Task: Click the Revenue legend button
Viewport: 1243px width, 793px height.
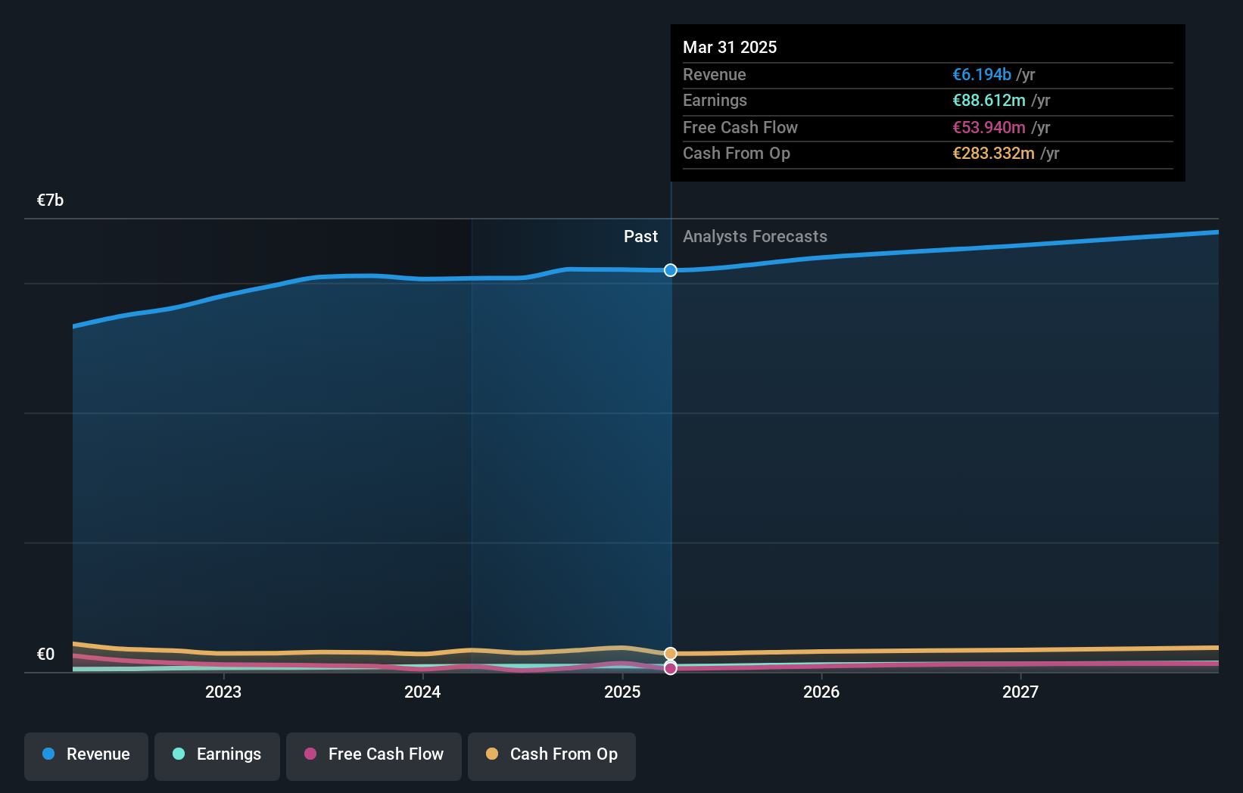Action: click(86, 754)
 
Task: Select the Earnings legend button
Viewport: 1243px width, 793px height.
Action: click(217, 754)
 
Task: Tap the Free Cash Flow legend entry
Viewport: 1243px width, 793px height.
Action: click(374, 754)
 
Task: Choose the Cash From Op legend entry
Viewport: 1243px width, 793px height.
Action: click(552, 754)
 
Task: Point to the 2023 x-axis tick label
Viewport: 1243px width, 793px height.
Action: click(223, 692)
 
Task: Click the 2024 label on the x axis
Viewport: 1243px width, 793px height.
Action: click(422, 692)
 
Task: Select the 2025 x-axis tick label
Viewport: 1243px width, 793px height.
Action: click(622, 692)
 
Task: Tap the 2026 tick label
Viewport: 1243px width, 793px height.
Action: click(821, 692)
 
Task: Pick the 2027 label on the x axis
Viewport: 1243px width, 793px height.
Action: click(1020, 692)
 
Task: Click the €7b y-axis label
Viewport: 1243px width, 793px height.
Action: click(50, 201)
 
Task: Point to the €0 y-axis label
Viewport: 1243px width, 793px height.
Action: click(45, 655)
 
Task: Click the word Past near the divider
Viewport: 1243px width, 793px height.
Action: click(640, 237)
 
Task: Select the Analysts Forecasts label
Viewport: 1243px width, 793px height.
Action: click(755, 237)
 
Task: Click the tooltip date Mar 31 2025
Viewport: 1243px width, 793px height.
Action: click(730, 48)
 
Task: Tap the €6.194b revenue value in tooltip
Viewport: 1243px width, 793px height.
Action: click(981, 75)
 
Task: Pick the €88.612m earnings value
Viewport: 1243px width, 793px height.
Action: click(989, 101)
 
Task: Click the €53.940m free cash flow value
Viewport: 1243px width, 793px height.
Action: click(989, 128)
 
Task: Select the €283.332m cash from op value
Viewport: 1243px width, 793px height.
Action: click(993, 154)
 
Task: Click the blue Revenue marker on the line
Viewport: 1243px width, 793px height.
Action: click(671, 270)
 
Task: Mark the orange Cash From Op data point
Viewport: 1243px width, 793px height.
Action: click(671, 654)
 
